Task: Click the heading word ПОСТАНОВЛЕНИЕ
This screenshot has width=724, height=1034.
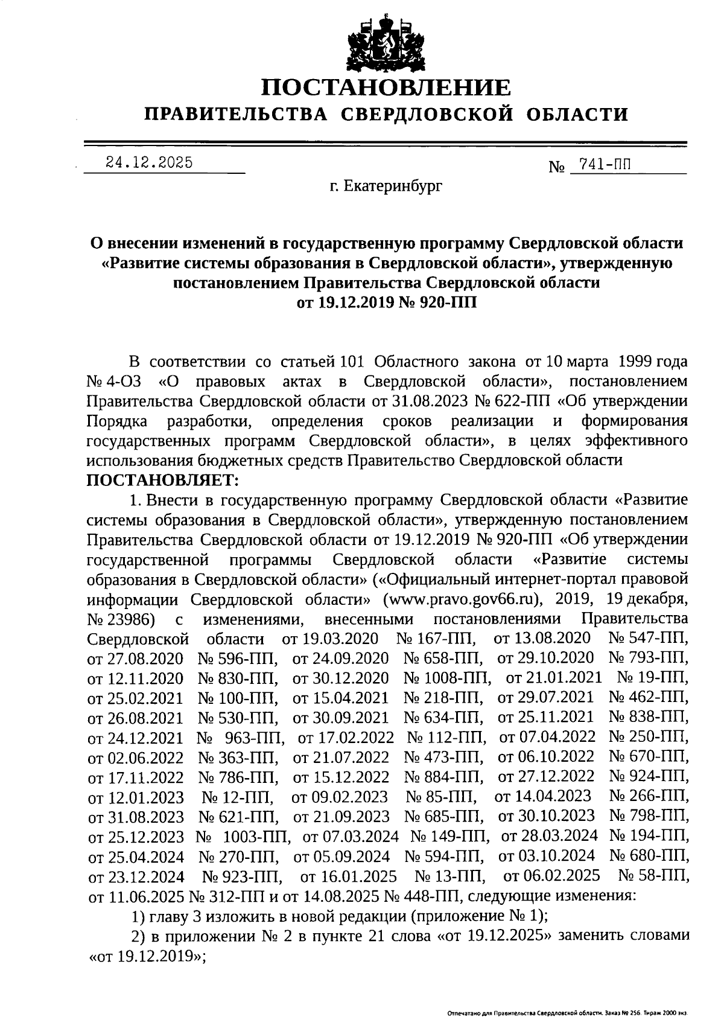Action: (x=386, y=88)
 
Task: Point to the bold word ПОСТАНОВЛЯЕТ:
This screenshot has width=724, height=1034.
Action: (x=164, y=480)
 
